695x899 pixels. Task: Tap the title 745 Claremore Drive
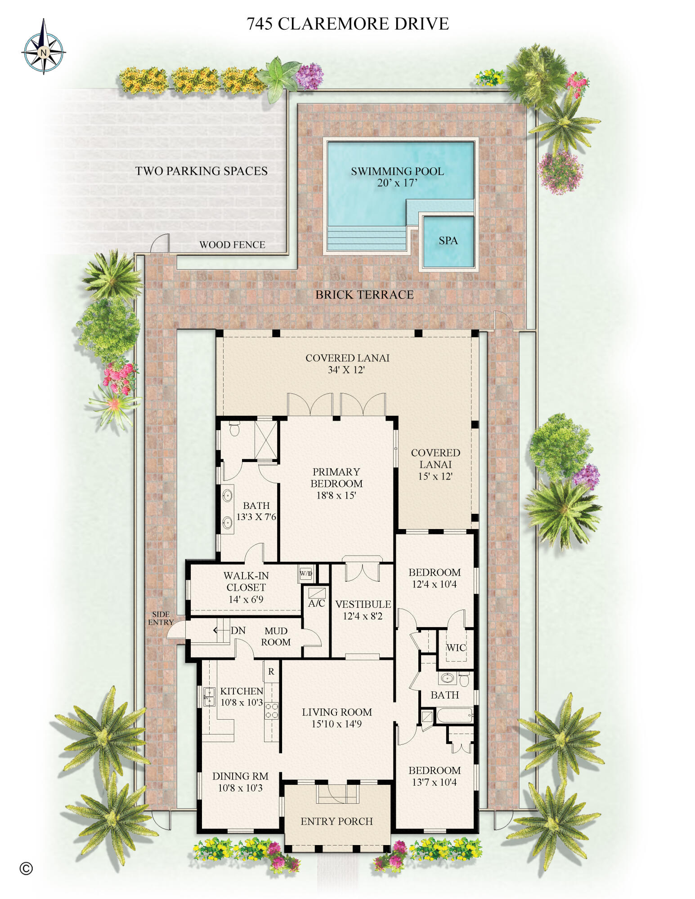347,24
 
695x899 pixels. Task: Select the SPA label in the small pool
448,241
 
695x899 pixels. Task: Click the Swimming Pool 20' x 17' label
397,177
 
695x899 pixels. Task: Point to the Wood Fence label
232,245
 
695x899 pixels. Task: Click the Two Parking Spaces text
201,171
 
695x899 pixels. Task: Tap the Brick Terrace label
364,295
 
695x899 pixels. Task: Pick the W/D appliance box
306,574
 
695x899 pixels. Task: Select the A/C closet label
316,603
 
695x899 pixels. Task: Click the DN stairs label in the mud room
238,631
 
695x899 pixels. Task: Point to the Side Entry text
161,618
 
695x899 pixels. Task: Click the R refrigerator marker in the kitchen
271,672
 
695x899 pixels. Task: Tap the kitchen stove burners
271,711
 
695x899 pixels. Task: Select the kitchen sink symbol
209,697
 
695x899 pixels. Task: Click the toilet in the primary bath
234,429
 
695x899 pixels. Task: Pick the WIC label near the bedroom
456,648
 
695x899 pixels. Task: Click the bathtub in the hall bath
454,715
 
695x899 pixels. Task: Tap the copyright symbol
27,868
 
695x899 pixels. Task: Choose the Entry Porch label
336,821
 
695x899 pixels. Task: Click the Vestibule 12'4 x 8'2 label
363,610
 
